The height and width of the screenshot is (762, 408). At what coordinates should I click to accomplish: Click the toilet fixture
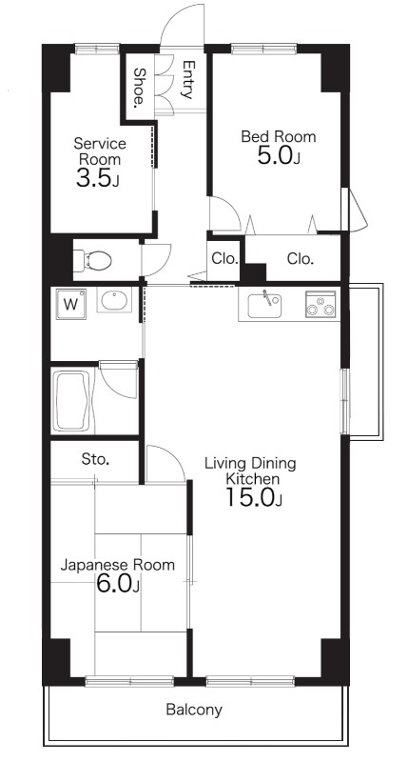pos(91,260)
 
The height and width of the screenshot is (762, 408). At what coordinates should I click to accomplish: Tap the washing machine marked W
pos(70,304)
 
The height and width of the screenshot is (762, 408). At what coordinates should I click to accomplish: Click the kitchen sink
pos(264,305)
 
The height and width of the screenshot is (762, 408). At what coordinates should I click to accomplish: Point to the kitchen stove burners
pos(321,304)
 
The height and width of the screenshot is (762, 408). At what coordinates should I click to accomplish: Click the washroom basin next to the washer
pos(114,300)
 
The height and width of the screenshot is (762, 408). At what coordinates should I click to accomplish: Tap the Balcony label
pos(194,710)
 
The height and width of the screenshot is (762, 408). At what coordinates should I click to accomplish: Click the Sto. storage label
pos(95,459)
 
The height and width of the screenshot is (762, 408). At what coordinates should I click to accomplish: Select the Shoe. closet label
pos(139,88)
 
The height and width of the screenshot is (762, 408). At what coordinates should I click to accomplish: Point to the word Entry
pos(188,80)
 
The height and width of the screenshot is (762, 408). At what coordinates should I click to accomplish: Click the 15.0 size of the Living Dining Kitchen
pos(254,497)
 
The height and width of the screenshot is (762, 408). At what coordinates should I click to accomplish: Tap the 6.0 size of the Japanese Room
pos(118,584)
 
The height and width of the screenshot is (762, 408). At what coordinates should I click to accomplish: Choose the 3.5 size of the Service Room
pos(97,178)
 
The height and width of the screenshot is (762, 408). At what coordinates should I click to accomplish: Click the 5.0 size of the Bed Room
pos(279,155)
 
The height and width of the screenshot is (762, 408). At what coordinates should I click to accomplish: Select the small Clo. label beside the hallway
pos(225,259)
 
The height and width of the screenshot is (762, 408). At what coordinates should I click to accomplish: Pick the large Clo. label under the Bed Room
pos(301,259)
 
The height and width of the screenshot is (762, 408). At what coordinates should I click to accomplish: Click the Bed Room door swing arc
pos(232,207)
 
